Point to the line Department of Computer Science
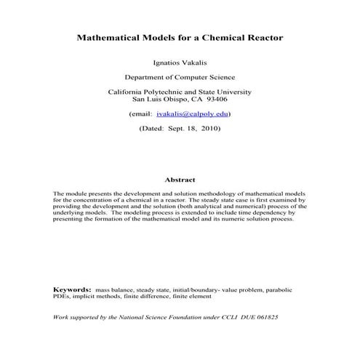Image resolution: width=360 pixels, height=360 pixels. coord(180,76)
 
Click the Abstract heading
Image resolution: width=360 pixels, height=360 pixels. coord(180,180)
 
